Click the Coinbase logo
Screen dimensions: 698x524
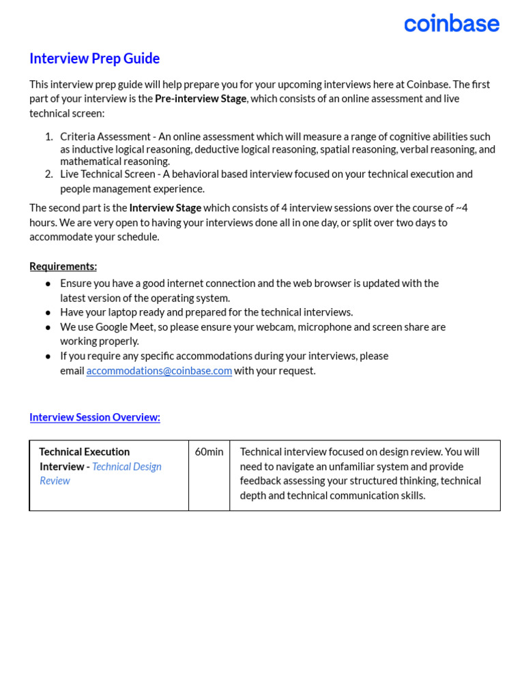pos(451,23)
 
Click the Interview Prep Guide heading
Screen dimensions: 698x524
pos(94,59)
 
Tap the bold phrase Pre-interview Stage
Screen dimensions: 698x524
pos(201,99)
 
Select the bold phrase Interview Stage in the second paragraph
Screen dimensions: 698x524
pos(165,208)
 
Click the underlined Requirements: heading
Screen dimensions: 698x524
pos(63,267)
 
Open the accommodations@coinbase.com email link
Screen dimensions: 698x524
pos(159,371)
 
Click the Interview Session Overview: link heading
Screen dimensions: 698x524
pos(95,417)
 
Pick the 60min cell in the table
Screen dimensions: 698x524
pos(209,452)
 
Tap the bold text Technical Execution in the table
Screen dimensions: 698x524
pos(84,452)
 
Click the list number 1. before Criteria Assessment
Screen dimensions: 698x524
pos(48,137)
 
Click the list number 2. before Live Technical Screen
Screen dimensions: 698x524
pos(48,174)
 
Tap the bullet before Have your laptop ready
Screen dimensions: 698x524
pos(48,313)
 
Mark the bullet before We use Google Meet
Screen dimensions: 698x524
pos(48,327)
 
